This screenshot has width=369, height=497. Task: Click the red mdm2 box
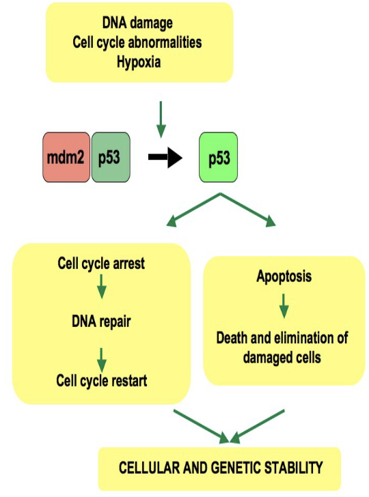(x=66, y=158)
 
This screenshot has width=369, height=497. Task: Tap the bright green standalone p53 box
(x=218, y=158)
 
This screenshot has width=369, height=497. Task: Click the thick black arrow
(x=165, y=158)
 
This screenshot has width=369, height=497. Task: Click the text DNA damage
(x=139, y=25)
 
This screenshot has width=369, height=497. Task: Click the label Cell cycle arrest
(x=101, y=263)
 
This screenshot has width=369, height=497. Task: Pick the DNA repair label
(x=101, y=321)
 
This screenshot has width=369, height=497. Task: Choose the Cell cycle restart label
(x=101, y=380)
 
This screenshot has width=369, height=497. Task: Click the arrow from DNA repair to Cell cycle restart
(x=101, y=357)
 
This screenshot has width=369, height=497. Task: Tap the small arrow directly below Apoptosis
(x=284, y=306)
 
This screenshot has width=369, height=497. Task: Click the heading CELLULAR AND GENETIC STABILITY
(x=220, y=468)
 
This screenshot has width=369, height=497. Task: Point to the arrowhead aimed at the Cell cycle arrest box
(x=172, y=221)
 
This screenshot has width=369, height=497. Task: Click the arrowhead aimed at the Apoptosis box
(x=271, y=221)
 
